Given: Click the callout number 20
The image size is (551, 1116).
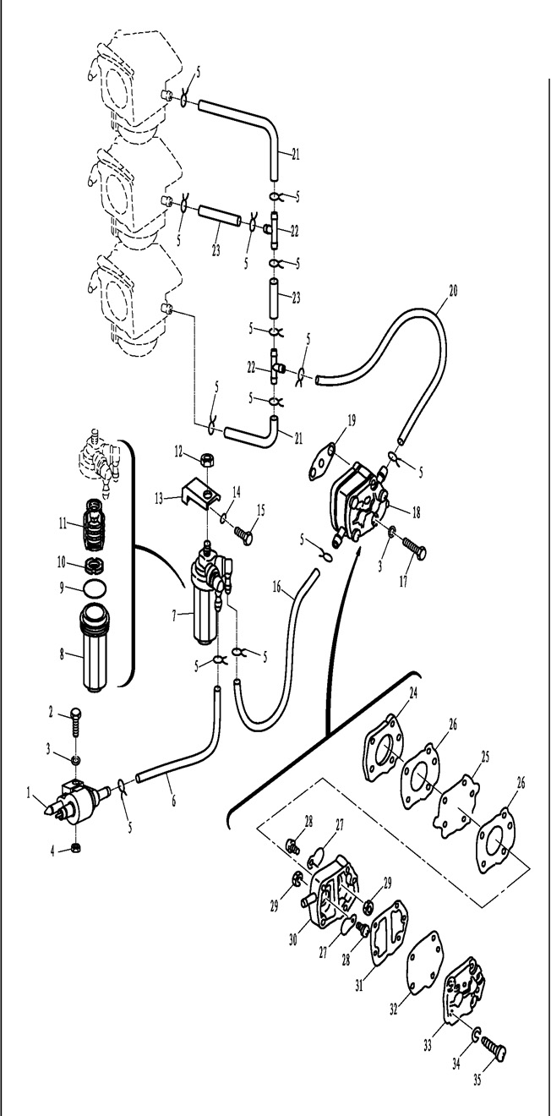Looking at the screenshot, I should point(454,290).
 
